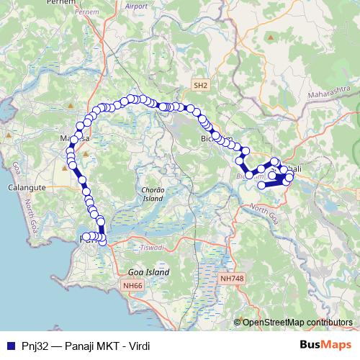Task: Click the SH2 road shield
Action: (x=200, y=86)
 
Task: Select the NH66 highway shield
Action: (x=132, y=286)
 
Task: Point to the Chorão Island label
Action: (x=150, y=193)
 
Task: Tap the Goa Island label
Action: (x=148, y=273)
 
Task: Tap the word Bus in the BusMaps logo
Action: (x=311, y=346)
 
